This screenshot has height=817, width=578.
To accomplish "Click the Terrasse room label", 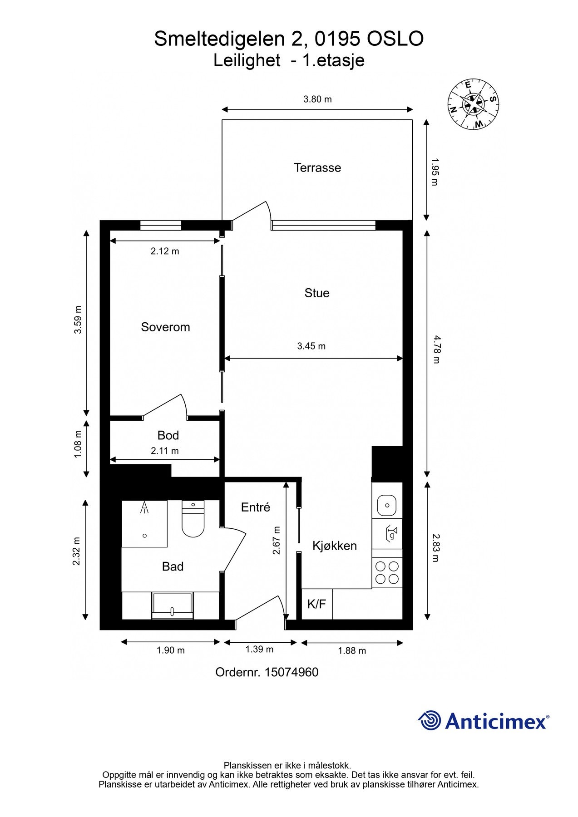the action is point(317,168).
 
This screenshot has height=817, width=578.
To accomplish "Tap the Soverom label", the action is point(165,327).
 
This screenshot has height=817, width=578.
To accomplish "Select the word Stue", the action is point(317,293).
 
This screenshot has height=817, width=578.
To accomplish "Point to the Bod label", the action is point(168,436).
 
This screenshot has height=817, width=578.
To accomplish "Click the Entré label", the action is point(256,507).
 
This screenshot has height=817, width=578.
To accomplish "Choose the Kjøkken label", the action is point(335,546).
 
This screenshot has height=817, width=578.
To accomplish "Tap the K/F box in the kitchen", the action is point(317,604).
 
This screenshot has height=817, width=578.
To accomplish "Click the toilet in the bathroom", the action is point(193,518).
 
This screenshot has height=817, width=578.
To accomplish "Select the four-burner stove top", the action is point(387,573).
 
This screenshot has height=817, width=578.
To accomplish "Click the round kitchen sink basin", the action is point(387,505).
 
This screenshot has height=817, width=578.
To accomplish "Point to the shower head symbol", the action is point(145,507).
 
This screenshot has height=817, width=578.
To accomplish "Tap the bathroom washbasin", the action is point(173,605).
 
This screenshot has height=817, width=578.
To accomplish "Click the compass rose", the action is point(474,104).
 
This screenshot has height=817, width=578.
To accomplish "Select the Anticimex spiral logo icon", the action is point(430,720).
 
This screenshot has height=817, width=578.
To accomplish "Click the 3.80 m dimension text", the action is point(318,99).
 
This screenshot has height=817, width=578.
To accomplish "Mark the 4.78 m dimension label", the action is point(436,349).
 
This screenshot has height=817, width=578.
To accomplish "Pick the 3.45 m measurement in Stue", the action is point(311,346).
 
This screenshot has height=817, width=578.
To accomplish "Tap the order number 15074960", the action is point(291,672).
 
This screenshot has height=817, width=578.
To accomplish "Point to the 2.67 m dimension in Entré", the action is point(277,540).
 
